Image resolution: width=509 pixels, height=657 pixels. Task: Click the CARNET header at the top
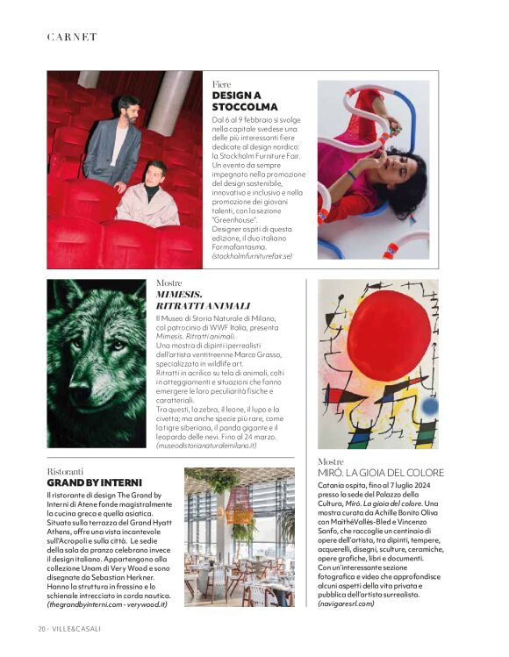[x=71, y=37]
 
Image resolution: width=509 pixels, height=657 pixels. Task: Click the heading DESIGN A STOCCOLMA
[x=237, y=100]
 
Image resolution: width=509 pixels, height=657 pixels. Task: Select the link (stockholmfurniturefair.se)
[x=252, y=255]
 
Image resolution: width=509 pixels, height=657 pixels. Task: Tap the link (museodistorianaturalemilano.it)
[x=206, y=446]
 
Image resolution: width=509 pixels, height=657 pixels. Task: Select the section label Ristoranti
[x=65, y=471]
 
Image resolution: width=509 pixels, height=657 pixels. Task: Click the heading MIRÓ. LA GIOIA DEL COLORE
[x=381, y=472]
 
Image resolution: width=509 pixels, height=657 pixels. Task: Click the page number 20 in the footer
[x=42, y=629]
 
